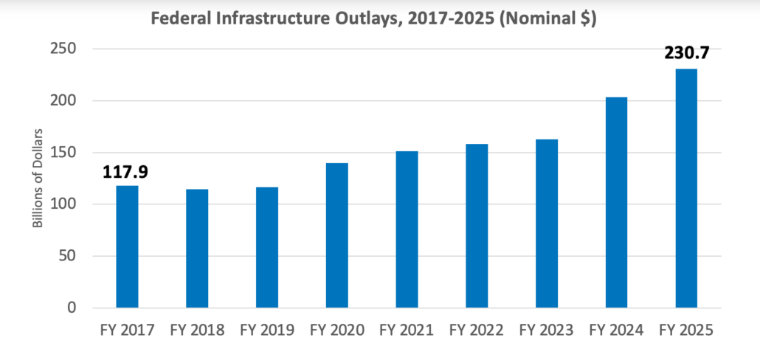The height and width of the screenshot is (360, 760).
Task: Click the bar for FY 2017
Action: click(127, 246)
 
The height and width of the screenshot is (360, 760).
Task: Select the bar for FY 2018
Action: click(197, 249)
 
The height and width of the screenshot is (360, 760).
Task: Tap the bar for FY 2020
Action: click(336, 235)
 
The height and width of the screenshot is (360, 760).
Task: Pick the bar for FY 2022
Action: click(477, 226)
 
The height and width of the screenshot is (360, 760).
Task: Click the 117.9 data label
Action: click(127, 172)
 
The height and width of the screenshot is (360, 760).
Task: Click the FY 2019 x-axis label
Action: click(266, 330)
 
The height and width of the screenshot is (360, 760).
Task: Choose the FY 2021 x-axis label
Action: click(407, 330)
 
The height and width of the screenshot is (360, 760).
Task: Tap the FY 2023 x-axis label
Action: click(547, 330)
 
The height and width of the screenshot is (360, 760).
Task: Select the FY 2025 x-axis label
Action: click(686, 330)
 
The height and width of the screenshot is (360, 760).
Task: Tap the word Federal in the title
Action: click(179, 18)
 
